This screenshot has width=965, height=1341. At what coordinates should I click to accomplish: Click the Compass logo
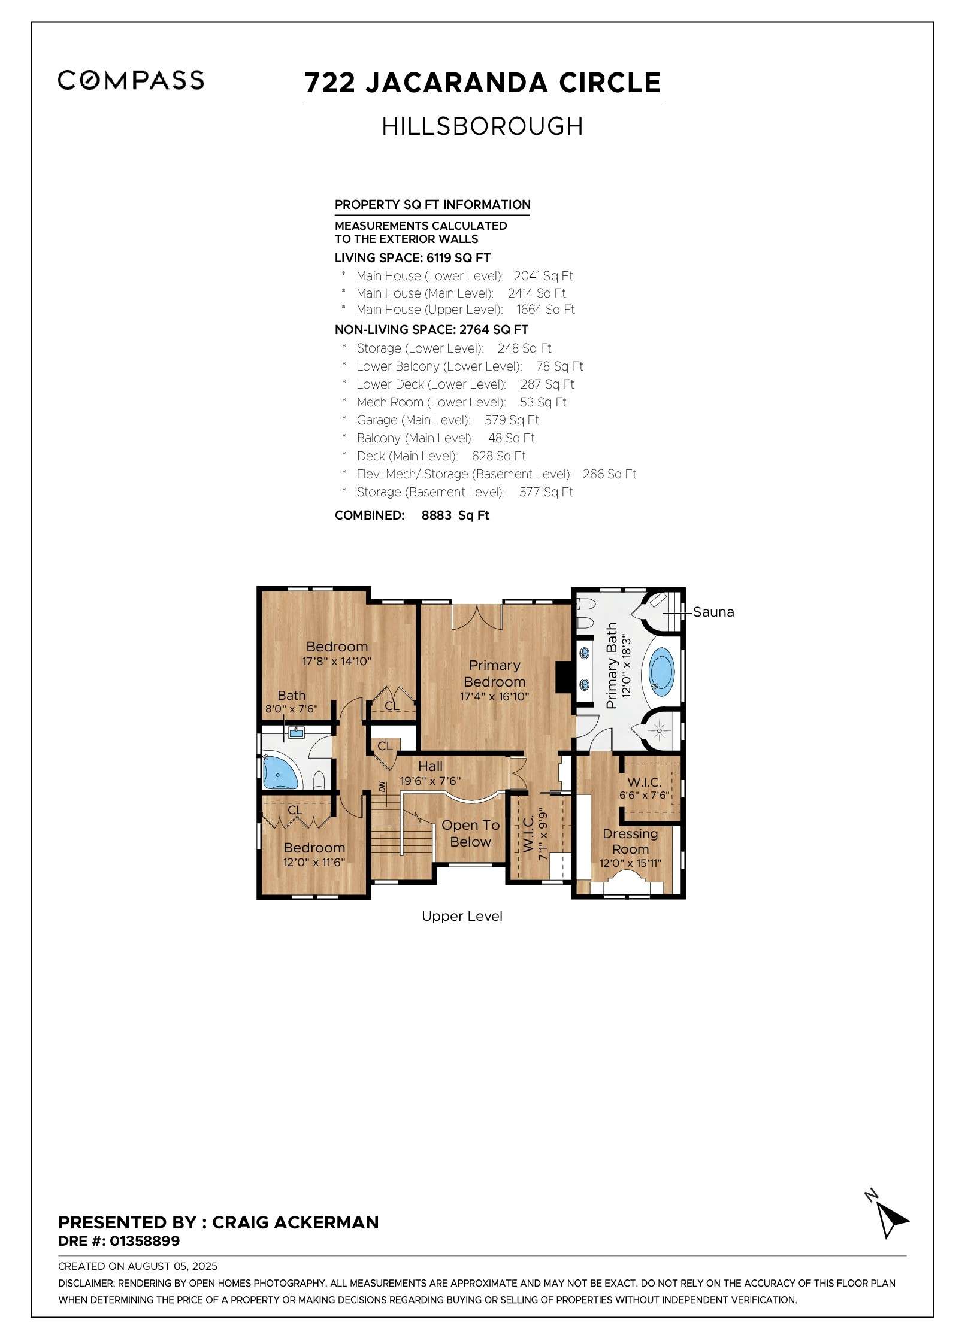pyautogui.click(x=131, y=80)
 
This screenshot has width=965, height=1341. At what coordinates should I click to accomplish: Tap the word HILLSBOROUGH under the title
pyautogui.click(x=482, y=126)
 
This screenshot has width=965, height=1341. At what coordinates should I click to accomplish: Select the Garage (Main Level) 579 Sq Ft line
pyautogui.click(x=447, y=420)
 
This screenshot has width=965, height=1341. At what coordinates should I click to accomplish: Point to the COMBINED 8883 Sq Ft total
pyautogui.click(x=412, y=515)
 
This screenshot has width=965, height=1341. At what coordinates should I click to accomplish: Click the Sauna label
pyautogui.click(x=713, y=612)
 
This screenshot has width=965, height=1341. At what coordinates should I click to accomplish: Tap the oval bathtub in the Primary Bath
pyautogui.click(x=661, y=671)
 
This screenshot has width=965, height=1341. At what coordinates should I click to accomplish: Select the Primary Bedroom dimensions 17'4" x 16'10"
pyautogui.click(x=494, y=697)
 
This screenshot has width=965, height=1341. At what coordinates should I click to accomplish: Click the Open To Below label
pyautogui.click(x=470, y=833)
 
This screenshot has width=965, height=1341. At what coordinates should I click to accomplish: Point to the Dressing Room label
pyautogui.click(x=630, y=841)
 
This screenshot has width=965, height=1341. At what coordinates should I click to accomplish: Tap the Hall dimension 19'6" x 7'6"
pyautogui.click(x=430, y=781)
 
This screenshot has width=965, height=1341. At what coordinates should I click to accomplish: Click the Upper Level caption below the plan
pyautogui.click(x=462, y=916)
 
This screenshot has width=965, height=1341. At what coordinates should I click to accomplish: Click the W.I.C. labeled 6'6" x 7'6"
pyautogui.click(x=644, y=788)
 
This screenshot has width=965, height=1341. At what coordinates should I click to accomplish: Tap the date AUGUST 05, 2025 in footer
pyautogui.click(x=173, y=1266)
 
